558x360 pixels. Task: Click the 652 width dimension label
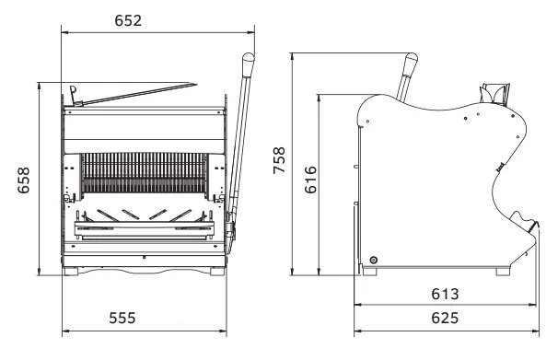pyautogui.click(x=128, y=20)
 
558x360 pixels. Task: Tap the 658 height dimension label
pyautogui.click(x=24, y=180)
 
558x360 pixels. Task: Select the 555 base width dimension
pyautogui.click(x=122, y=318)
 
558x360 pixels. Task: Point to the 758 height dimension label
pyautogui.click(x=279, y=160)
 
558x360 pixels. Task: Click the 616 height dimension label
pyautogui.click(x=310, y=180)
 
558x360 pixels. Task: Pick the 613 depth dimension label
pyautogui.click(x=445, y=294)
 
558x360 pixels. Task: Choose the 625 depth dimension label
pyautogui.click(x=445, y=318)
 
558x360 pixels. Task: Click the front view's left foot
pyautogui.click(x=71, y=272)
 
